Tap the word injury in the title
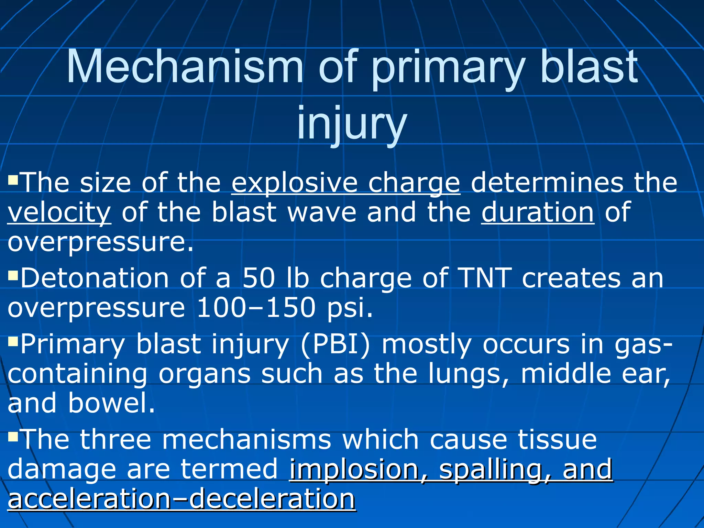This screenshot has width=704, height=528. click(352, 123)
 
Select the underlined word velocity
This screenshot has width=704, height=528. click(59, 212)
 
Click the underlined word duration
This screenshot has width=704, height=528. click(538, 212)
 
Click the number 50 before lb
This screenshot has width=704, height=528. click(258, 278)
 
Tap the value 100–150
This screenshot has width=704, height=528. click(256, 307)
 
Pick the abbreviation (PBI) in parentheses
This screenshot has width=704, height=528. click(335, 344)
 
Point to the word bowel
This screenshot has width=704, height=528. click(111, 403)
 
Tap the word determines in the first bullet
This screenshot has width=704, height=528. click(547, 183)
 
